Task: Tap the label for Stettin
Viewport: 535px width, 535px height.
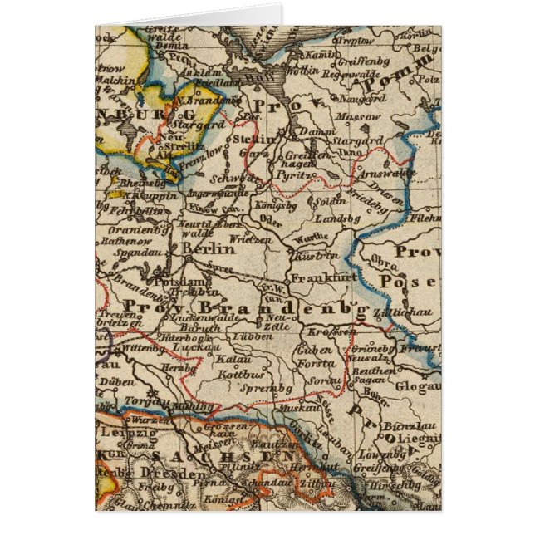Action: click(254, 140)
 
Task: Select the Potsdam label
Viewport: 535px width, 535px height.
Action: click(174, 282)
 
